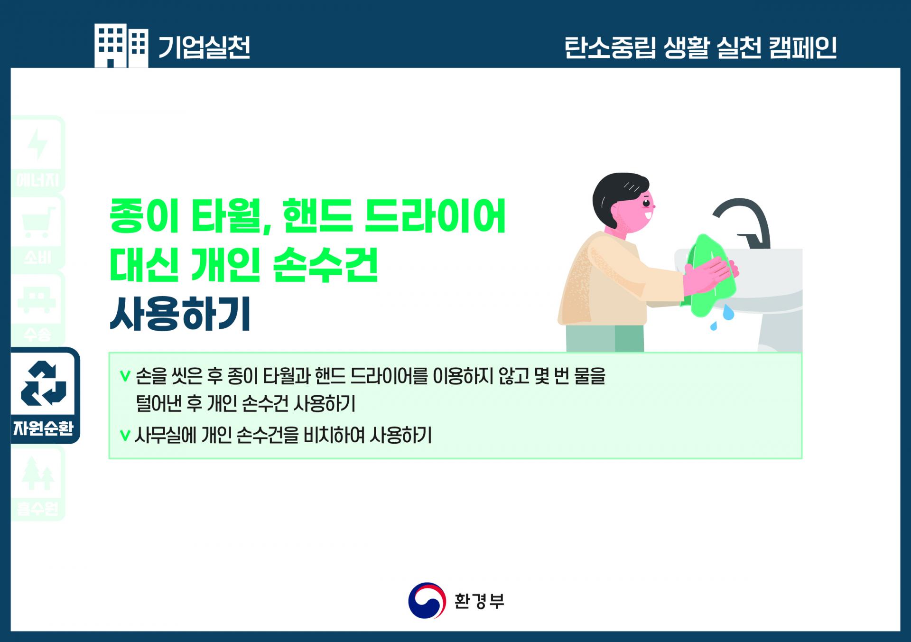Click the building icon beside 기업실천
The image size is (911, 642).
(121, 46)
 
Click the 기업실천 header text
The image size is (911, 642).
(204, 47)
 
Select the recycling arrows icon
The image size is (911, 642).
(44, 384)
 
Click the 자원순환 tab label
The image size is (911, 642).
(44, 428)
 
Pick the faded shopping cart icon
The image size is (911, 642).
(38, 223)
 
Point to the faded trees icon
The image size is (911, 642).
(38, 473)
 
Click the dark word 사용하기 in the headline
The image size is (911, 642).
(180, 314)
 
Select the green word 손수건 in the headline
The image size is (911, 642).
(325, 265)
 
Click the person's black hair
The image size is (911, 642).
(616, 195)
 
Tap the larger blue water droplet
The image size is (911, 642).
(728, 313)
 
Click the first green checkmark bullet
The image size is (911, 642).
(125, 376)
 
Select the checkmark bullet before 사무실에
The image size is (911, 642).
(125, 435)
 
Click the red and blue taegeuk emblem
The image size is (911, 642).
(427, 601)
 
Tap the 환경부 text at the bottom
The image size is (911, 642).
(479, 601)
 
